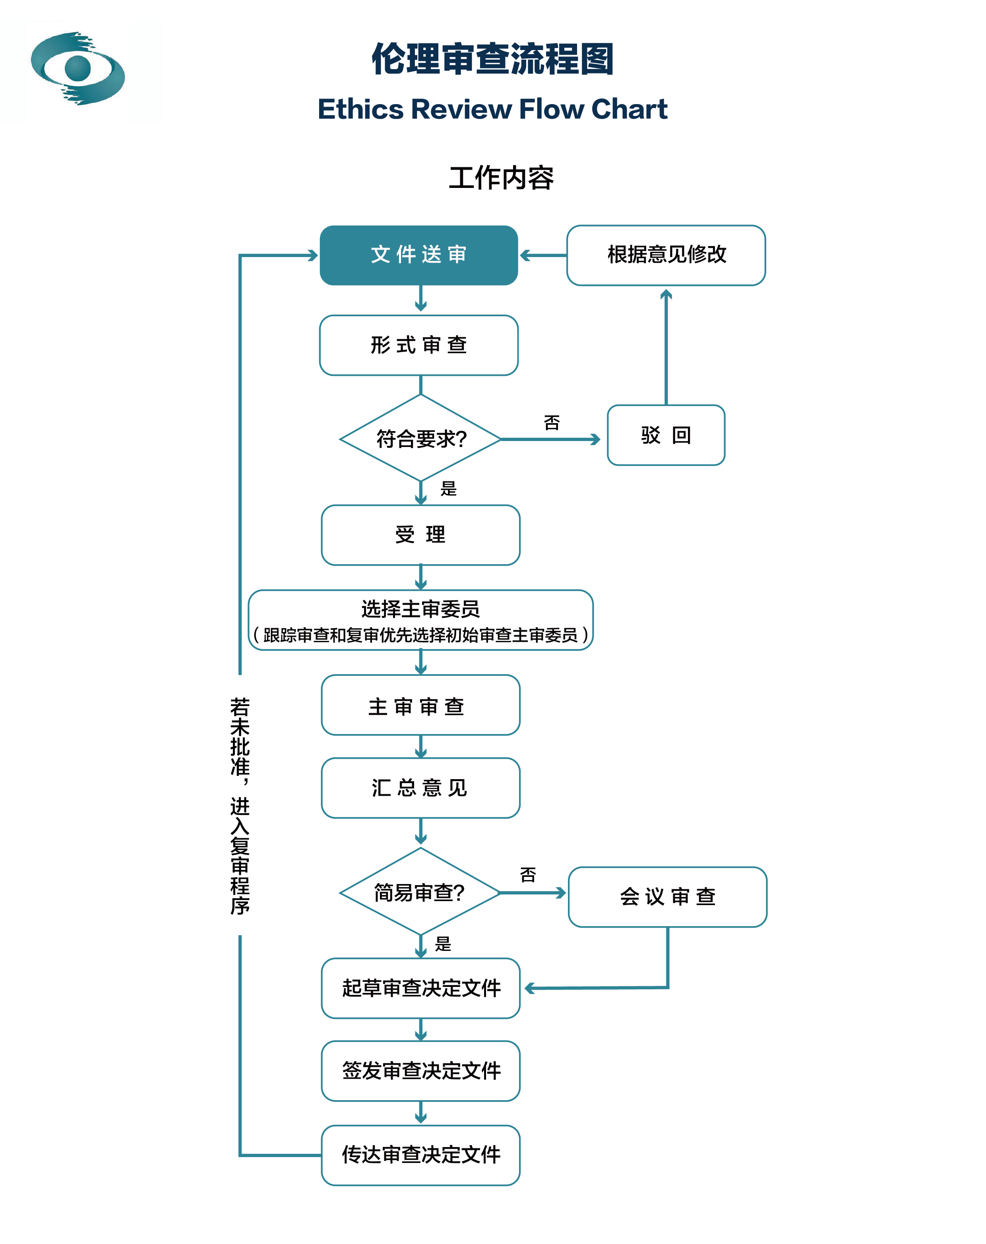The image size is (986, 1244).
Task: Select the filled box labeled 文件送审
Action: point(419,255)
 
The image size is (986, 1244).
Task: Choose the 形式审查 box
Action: point(419,345)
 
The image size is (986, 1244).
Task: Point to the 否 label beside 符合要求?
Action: point(552,423)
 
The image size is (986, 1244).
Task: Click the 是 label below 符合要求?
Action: point(449,489)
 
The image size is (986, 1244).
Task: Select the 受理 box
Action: point(421,535)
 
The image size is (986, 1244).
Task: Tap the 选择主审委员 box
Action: point(421,620)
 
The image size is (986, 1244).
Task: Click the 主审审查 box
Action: point(421,705)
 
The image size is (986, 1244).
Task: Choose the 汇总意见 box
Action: point(421,788)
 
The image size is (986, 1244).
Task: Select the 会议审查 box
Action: point(668,897)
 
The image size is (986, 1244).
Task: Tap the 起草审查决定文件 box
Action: point(421,989)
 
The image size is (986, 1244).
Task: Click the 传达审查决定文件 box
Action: point(421,1155)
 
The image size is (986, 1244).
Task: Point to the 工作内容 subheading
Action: point(501,178)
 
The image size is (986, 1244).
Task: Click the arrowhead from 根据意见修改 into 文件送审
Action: point(524,255)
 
